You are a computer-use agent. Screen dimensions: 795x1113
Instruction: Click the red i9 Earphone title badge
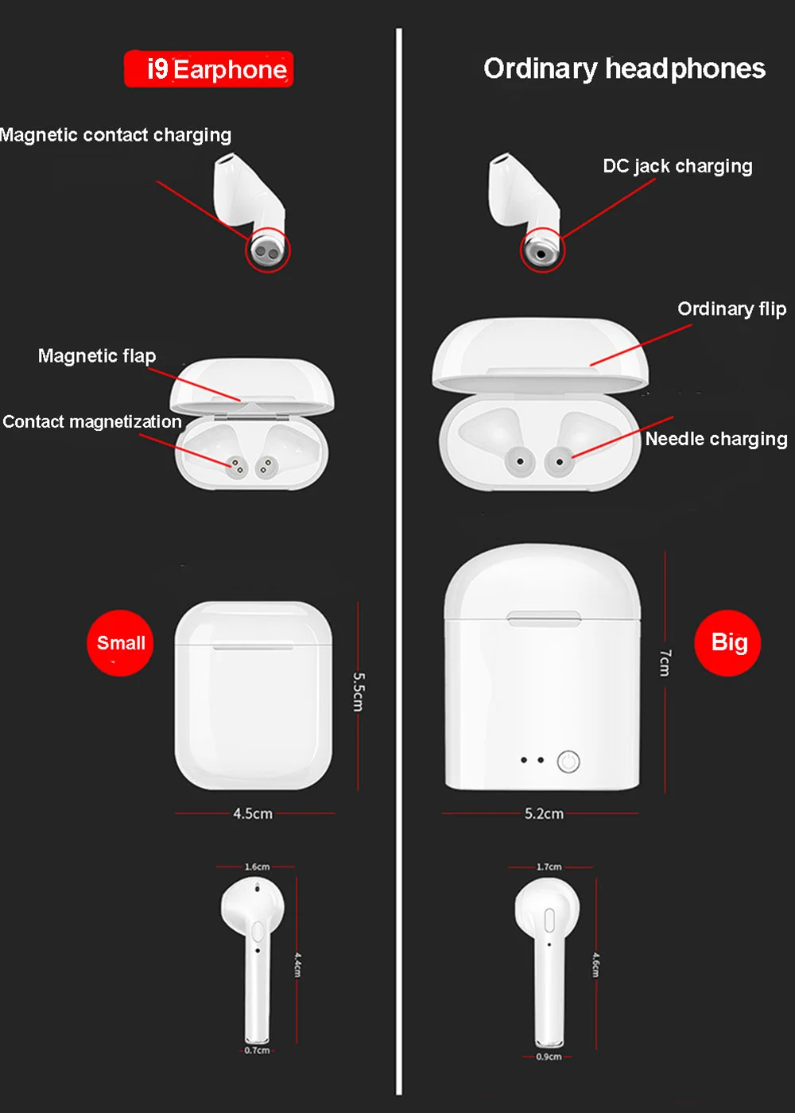click(208, 69)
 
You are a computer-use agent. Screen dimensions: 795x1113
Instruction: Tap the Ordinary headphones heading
click(625, 69)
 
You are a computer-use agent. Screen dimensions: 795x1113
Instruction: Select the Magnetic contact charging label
click(115, 135)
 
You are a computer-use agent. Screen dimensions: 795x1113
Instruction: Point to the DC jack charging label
click(677, 166)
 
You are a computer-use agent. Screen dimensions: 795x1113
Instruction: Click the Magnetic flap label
click(97, 356)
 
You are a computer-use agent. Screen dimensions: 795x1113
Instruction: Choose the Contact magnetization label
click(92, 422)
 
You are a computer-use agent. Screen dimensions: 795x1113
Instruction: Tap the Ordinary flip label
click(732, 309)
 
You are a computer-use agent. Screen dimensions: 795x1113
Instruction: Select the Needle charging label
click(716, 439)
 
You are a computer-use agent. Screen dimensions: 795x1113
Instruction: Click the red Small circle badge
click(120, 643)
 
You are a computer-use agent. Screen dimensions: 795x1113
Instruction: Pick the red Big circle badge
click(727, 643)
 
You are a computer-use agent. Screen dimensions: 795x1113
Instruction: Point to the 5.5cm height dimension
click(359, 692)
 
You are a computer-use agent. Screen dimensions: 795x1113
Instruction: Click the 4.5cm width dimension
click(253, 813)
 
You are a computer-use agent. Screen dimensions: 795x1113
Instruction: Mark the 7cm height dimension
click(665, 662)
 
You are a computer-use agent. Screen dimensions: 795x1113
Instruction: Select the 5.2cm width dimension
click(544, 813)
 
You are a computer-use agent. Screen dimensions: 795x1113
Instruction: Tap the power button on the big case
click(568, 762)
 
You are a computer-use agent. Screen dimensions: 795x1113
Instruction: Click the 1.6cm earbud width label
click(258, 867)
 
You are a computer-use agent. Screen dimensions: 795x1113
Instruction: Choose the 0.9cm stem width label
click(549, 1057)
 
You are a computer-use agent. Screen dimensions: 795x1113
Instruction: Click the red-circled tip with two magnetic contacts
click(268, 250)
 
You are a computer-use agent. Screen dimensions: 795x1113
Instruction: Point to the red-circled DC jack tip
click(542, 250)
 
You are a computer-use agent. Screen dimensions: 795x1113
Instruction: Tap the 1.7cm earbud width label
click(549, 867)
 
